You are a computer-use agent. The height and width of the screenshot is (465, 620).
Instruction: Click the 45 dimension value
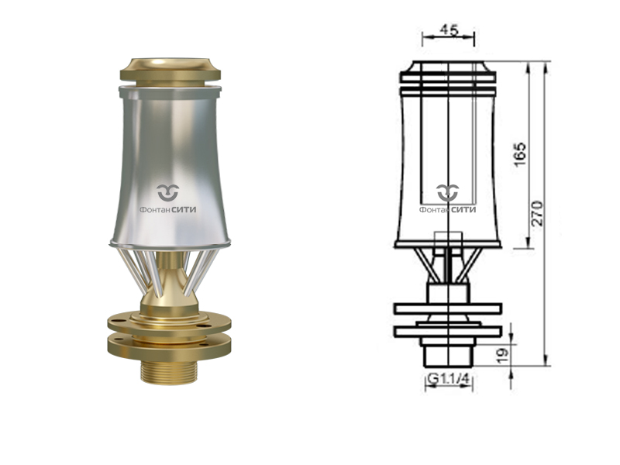coord(449,29)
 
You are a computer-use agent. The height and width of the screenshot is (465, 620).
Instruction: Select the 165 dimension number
coord(520,154)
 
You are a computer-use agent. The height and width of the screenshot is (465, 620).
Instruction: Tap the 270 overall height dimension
coord(537,213)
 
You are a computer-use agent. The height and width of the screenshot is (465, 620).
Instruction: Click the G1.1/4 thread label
coord(449,379)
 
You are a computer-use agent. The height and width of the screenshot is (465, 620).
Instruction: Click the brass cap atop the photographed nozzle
coord(170,72)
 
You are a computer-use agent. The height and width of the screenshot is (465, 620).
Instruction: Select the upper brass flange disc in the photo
coord(169,323)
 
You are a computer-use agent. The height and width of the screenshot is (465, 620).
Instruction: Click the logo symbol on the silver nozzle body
coord(168,192)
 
